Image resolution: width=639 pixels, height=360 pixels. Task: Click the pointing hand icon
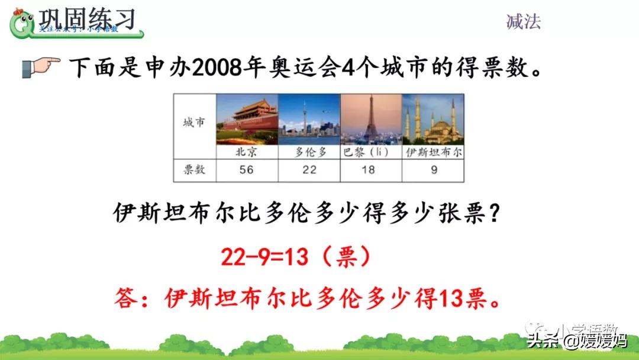[x=41, y=66]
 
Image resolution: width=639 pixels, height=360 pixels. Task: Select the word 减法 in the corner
[x=524, y=22]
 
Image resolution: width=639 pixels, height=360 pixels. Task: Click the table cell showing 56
[x=247, y=170]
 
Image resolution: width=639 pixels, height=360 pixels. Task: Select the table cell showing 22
[x=309, y=170]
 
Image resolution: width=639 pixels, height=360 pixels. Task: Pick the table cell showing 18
[x=370, y=170]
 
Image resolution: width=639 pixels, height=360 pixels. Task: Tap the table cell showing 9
[x=433, y=170]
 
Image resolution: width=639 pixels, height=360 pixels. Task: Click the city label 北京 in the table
[x=246, y=152]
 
